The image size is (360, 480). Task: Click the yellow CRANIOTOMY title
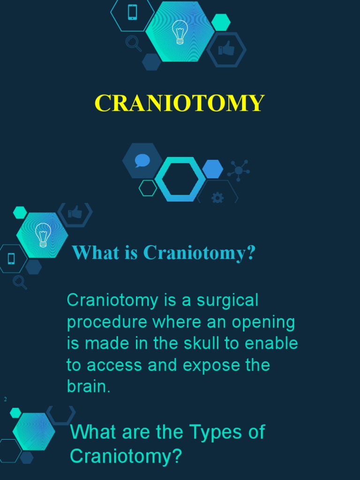(180, 103)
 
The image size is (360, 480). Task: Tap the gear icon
(217, 198)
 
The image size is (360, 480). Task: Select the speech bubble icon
(142, 161)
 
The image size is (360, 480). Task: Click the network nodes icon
(239, 170)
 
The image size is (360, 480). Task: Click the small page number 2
(5, 399)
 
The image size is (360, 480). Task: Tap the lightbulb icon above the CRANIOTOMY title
(180, 32)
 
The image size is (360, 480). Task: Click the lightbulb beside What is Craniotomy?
(43, 235)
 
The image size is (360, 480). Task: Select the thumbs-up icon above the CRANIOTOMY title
(226, 49)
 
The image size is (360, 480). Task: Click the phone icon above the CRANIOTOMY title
(132, 12)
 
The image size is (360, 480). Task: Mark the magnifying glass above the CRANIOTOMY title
(134, 44)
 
